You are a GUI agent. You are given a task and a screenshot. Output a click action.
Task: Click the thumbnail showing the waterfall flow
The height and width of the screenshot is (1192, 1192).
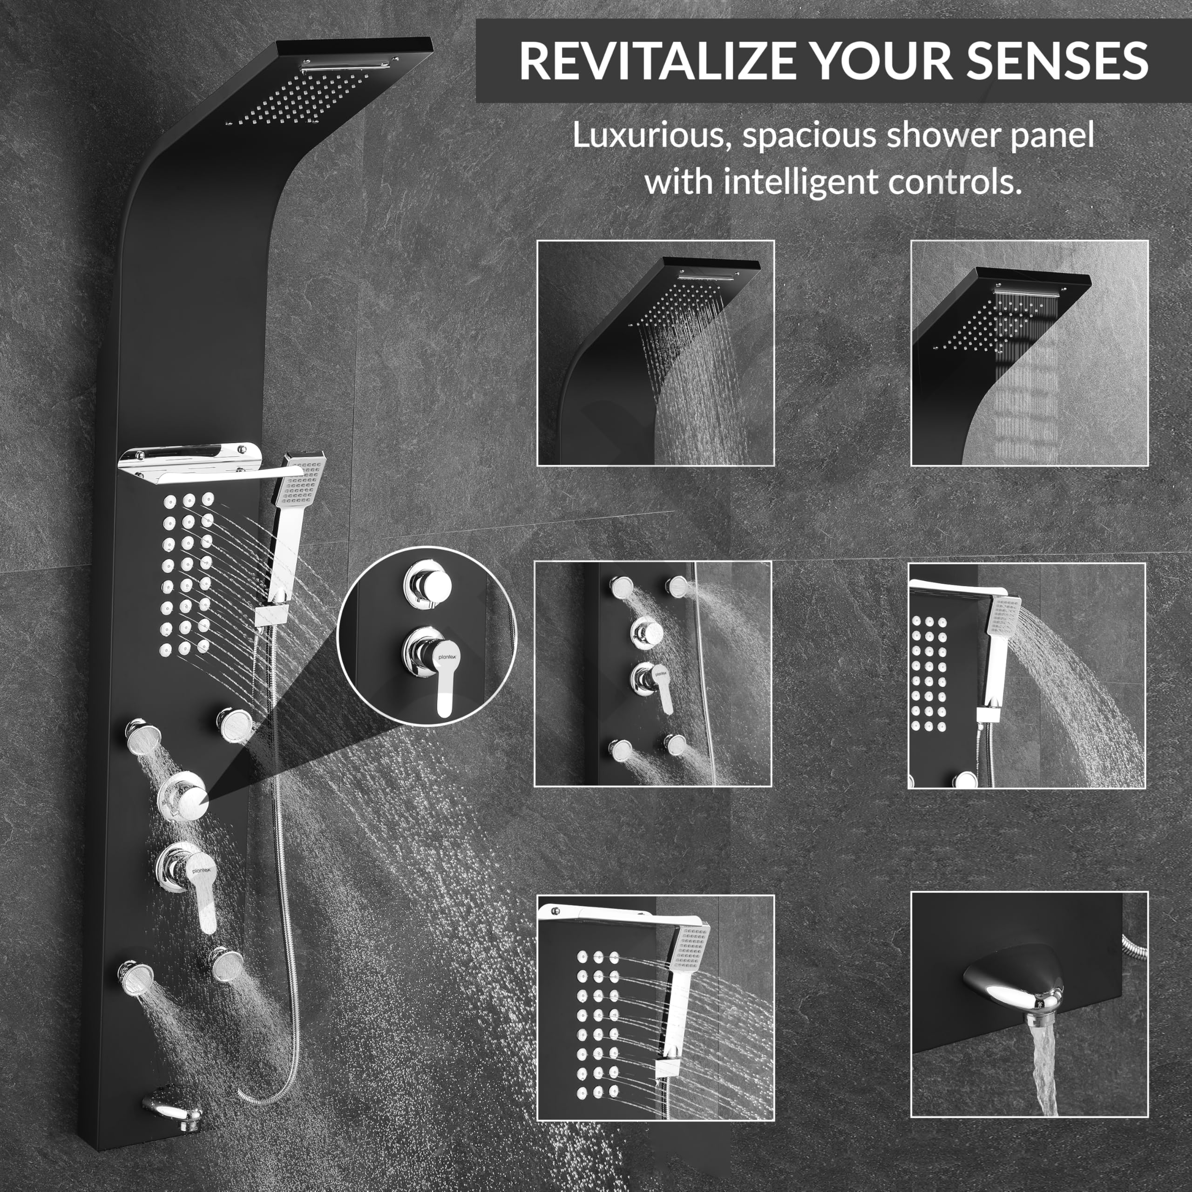click(x=1029, y=353)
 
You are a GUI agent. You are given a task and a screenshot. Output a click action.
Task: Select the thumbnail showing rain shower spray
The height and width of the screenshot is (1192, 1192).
click(x=655, y=353)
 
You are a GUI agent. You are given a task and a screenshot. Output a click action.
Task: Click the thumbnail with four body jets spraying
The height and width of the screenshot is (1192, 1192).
click(x=653, y=674)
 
